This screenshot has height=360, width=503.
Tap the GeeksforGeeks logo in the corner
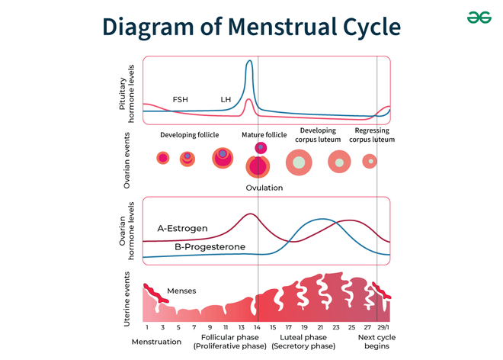pyautogui.click(x=479, y=17)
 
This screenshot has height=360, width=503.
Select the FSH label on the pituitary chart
pyautogui.click(x=181, y=100)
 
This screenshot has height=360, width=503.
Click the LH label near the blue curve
pyautogui.click(x=226, y=100)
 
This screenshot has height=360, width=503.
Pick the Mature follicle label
pyautogui.click(x=264, y=135)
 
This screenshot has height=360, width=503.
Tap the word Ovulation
pyautogui.click(x=264, y=188)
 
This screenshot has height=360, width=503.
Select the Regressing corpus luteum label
pyautogui.click(x=372, y=135)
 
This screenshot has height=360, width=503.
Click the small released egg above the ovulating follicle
pyautogui.click(x=261, y=147)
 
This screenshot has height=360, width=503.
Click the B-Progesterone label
pyautogui.click(x=210, y=247)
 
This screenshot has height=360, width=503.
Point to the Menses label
pyautogui.click(x=181, y=291)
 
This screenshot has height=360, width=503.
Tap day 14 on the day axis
pyautogui.click(x=258, y=327)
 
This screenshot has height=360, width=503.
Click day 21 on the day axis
pyautogui.click(x=320, y=327)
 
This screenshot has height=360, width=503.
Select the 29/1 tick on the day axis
pyautogui.click(x=383, y=327)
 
